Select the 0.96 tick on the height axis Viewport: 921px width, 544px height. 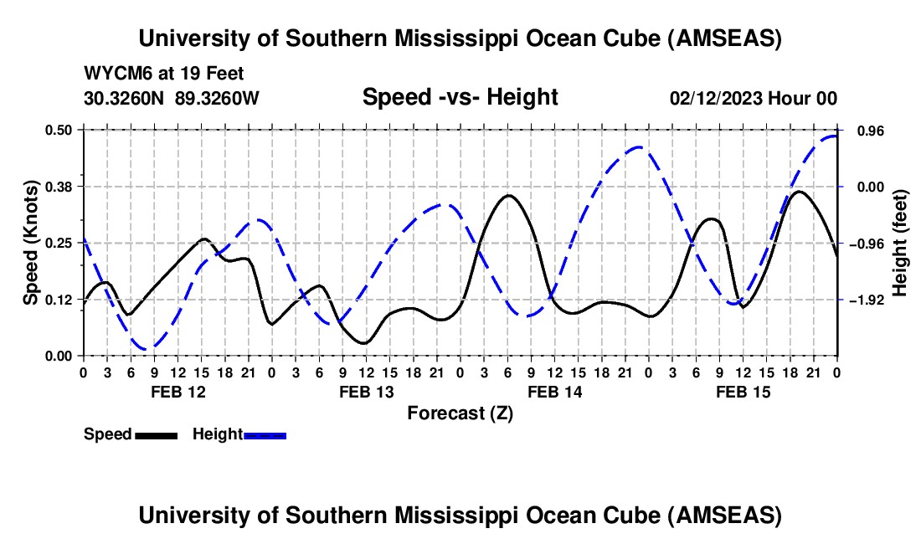point(867,131)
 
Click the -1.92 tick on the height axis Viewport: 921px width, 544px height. point(866,300)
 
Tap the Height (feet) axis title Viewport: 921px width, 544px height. point(900,243)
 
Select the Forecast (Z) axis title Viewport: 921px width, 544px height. point(460,413)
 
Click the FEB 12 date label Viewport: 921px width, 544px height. point(177,392)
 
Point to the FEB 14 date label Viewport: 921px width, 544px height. point(554,392)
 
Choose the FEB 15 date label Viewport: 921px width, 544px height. point(743,392)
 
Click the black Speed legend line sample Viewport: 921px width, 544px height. point(156,434)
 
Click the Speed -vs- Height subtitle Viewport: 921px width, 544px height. point(460,98)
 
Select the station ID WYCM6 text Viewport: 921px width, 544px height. point(113,74)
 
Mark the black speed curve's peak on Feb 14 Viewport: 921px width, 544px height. point(508,195)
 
